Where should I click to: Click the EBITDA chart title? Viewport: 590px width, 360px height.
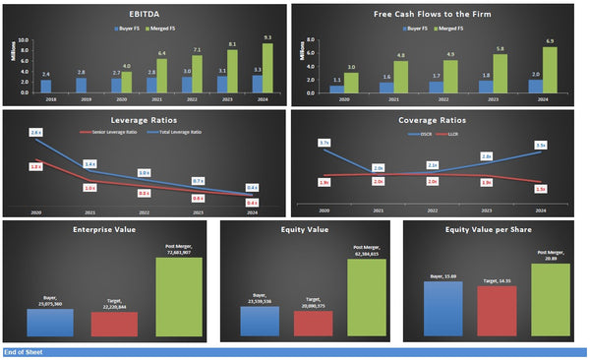(145, 17)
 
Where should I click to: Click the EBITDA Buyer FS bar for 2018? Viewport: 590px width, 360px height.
(46, 88)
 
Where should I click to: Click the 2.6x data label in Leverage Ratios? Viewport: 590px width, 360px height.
(36, 132)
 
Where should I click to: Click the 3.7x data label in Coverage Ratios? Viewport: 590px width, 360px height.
(324, 144)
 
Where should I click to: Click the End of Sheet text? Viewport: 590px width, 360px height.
(21, 351)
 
